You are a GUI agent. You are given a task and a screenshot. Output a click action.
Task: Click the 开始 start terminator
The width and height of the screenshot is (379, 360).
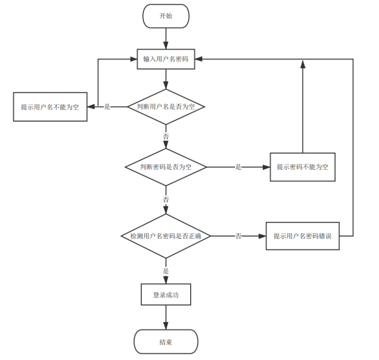166,16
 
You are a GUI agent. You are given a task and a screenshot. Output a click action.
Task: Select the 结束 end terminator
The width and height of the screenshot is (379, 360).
166,342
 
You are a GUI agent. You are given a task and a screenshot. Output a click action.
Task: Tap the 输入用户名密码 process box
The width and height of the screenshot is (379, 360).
166,59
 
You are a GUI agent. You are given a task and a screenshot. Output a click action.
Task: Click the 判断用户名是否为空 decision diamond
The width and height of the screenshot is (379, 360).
166,107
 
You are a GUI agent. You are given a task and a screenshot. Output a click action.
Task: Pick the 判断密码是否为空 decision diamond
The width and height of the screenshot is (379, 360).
166,167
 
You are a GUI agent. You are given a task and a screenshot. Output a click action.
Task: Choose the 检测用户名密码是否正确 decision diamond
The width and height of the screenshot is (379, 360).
166,236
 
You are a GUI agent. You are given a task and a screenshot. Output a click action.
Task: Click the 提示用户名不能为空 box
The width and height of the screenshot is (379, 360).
50,107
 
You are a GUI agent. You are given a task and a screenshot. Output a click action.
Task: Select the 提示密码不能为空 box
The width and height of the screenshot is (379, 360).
303,167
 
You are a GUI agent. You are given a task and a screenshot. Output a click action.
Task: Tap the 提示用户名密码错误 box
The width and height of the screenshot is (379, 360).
303,236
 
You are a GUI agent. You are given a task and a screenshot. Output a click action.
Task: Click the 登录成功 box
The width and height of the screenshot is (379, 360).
166,295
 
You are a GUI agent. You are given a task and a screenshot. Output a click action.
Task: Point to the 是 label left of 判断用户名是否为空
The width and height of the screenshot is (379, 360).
107,107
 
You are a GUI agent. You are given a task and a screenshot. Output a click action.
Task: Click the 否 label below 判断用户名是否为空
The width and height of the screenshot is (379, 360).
166,137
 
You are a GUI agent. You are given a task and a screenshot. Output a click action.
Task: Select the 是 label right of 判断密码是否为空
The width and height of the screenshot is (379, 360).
238,167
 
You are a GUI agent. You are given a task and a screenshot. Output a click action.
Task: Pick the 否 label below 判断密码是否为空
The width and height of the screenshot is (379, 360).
166,199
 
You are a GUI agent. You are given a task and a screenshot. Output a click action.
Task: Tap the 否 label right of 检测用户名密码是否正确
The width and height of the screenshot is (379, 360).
238,236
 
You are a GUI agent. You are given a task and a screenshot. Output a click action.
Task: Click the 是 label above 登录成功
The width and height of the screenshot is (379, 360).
166,271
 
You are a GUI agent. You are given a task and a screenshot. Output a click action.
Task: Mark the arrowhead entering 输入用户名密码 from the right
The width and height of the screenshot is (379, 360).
198,59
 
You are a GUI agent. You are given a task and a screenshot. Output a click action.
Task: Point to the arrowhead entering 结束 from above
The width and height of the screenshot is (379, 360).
166,326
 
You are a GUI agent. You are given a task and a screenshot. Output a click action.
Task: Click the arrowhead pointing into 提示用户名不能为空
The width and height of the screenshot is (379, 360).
91,107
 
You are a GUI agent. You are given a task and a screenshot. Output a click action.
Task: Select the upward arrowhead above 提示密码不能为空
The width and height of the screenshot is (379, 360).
303,64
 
